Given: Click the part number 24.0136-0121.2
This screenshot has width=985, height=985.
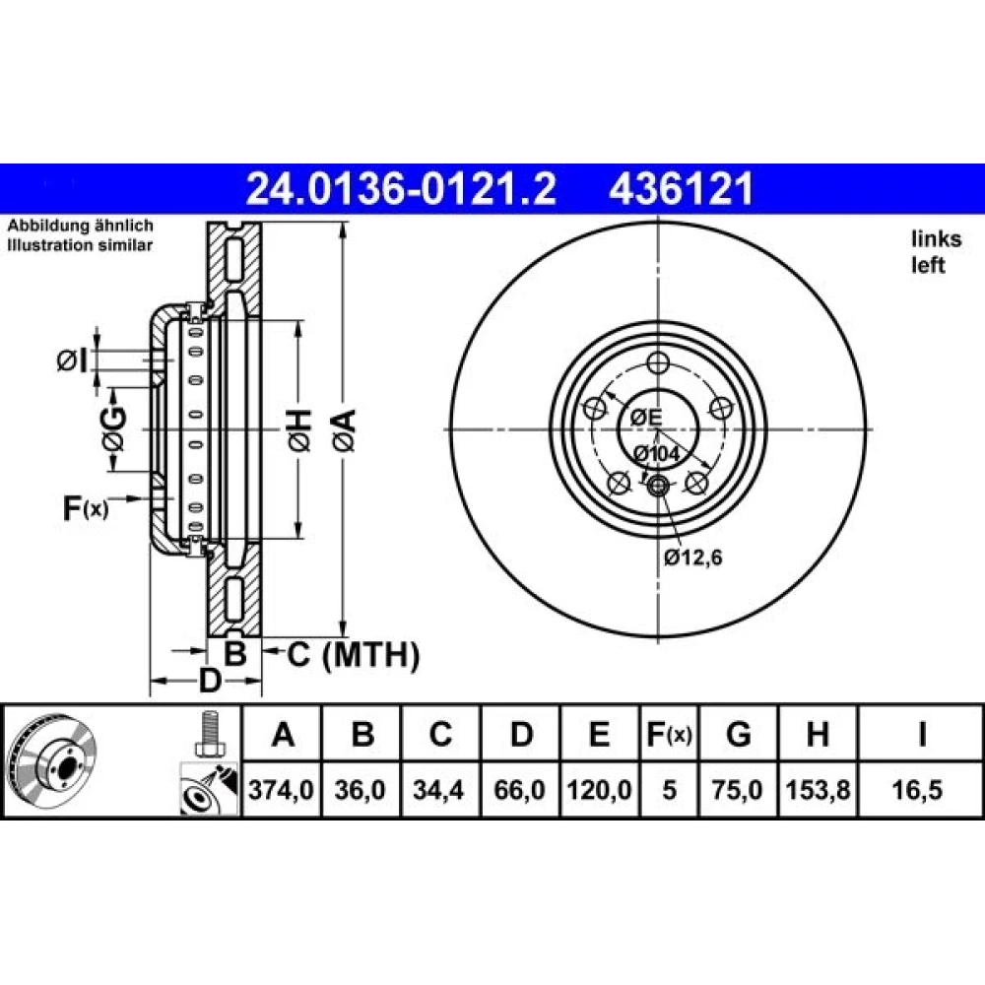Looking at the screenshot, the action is (401, 189).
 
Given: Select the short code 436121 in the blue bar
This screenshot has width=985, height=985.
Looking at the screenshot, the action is (681, 189).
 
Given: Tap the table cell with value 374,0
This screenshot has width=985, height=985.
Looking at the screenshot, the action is (282, 790).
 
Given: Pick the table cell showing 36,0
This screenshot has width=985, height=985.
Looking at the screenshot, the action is (360, 790).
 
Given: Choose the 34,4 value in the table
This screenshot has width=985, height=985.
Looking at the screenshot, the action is (439, 790).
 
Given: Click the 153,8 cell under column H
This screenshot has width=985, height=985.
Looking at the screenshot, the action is (818, 790).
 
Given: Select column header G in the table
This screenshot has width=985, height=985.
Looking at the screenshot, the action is (738, 733).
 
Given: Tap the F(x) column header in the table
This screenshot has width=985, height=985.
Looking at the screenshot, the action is (669, 733).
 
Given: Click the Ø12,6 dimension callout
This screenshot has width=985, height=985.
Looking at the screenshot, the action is (692, 558).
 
